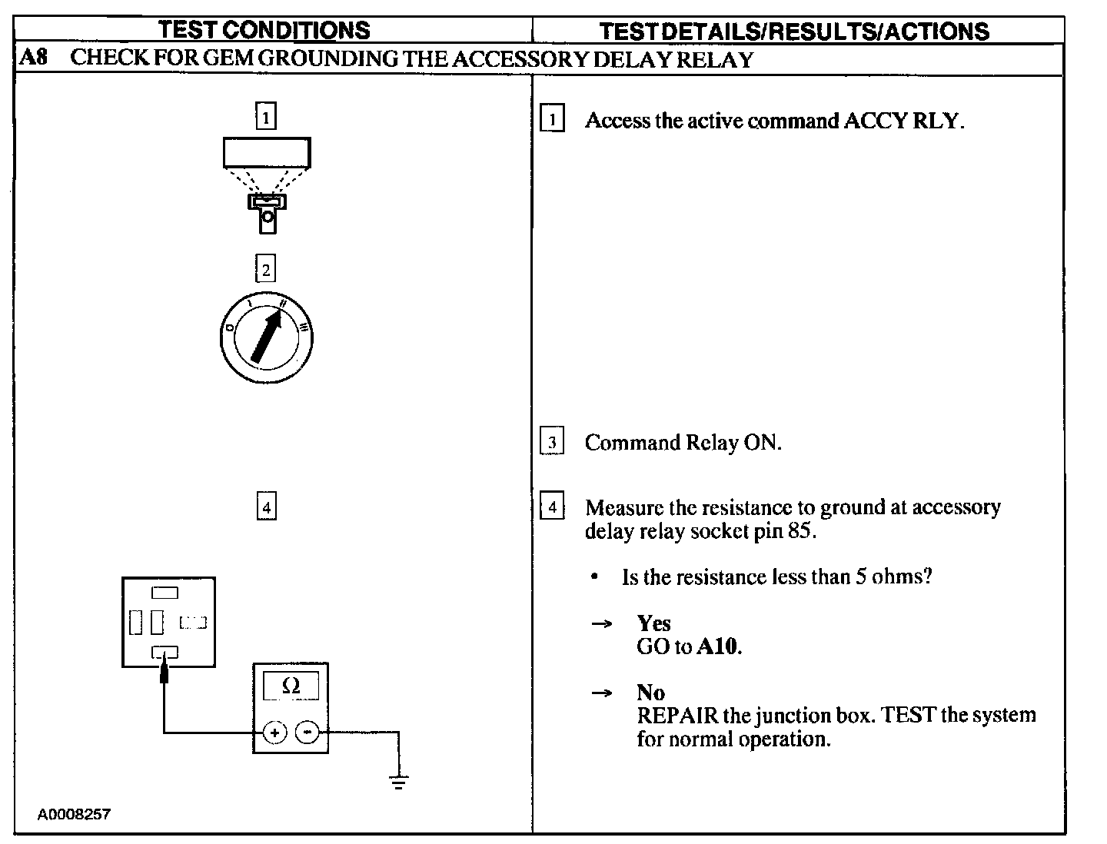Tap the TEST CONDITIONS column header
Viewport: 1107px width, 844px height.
pos(264,30)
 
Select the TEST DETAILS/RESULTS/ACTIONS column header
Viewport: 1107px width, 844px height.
pos(793,31)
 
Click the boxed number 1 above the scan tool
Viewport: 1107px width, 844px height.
pos(265,118)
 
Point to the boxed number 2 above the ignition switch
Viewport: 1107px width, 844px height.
pos(265,270)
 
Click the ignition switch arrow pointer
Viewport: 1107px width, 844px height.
pos(266,335)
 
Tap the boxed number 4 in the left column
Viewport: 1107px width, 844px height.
pos(266,507)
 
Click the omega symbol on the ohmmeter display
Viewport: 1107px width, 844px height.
pos(291,686)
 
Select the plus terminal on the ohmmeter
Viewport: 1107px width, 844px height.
pos(274,733)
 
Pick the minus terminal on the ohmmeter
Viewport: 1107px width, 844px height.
pos(307,733)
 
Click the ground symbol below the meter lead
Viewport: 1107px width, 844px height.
pos(398,783)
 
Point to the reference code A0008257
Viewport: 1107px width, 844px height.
pos(74,814)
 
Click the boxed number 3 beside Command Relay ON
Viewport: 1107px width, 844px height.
pos(552,443)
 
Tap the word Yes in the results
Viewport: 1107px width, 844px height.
pos(653,623)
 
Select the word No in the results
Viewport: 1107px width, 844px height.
pos(650,693)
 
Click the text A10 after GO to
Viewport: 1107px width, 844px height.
pos(718,646)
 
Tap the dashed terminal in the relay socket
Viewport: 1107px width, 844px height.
pos(193,622)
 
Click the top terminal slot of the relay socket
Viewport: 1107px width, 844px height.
pos(165,593)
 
